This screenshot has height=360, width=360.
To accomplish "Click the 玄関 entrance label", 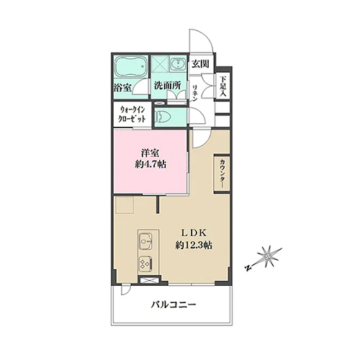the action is pyautogui.click(x=200, y=64).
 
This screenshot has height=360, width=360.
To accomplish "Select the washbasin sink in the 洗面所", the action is pyautogui.click(x=178, y=63).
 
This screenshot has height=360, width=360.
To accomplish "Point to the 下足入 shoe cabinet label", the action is pyautogui.click(x=223, y=86).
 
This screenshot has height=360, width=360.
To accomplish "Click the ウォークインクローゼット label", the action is pyautogui.click(x=132, y=114).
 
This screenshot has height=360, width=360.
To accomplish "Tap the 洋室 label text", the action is pyautogui.click(x=150, y=153).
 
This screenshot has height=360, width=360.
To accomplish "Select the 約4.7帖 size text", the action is pyautogui.click(x=150, y=164).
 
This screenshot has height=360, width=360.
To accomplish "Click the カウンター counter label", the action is pyautogui.click(x=222, y=174).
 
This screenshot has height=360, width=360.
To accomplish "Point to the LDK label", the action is pyautogui.click(x=193, y=233).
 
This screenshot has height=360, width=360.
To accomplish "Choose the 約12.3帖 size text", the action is pyautogui.click(x=194, y=245).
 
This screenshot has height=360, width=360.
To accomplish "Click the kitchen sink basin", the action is pyautogui.click(x=146, y=241).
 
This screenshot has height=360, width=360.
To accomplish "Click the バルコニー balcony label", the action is pyautogui.click(x=174, y=305).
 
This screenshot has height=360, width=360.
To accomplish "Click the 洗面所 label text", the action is pyautogui.click(x=167, y=86).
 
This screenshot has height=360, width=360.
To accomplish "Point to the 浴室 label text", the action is pyautogui.click(x=122, y=88).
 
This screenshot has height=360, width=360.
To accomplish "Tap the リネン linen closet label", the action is pyautogui.click(x=194, y=93).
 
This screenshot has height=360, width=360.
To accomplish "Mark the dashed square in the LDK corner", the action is pyautogui.click(x=125, y=205).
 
